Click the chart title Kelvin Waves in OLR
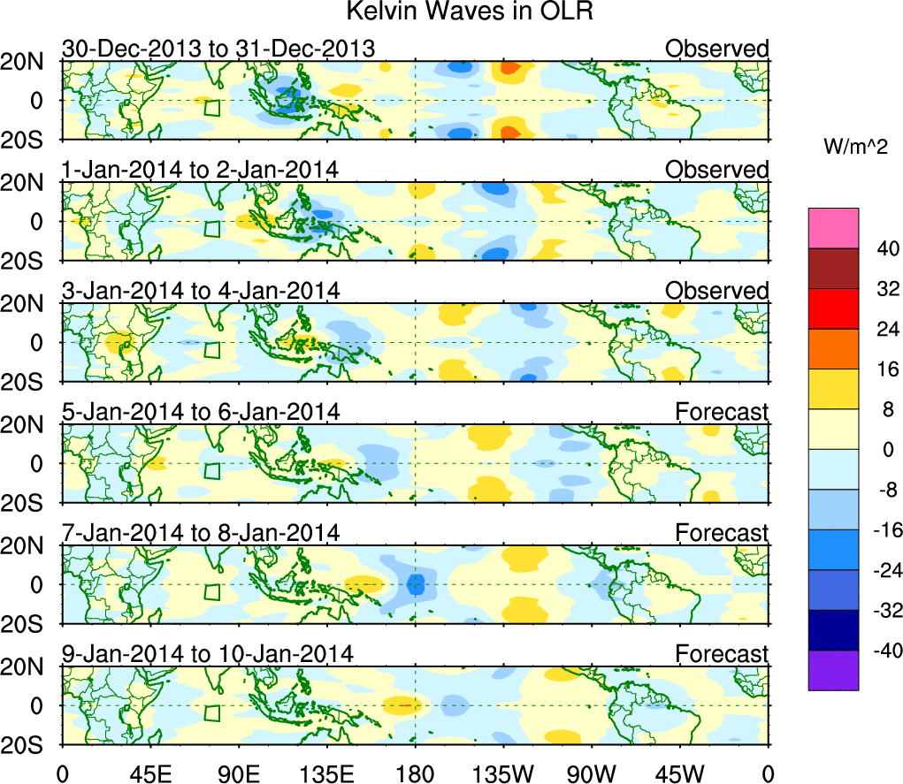coord(468,12)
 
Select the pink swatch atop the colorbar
coord(832,228)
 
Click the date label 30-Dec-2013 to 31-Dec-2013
coord(218,49)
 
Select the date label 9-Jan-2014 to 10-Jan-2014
coord(207,654)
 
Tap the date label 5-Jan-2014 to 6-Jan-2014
coord(201,412)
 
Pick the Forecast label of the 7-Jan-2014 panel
coord(723,533)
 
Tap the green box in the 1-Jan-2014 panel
coord(212,228)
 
